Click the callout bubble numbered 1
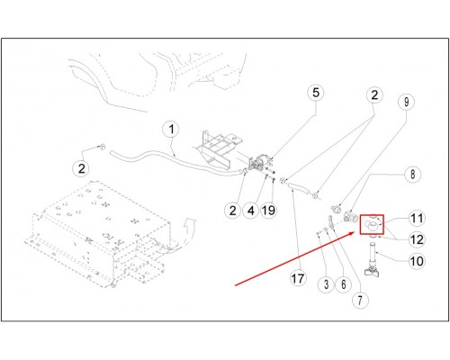click(171, 130)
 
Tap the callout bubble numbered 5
click(316, 93)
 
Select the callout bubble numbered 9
click(406, 102)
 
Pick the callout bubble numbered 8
click(412, 174)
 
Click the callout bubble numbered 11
click(417, 219)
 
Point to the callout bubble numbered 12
click(417, 239)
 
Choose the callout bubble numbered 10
click(417, 261)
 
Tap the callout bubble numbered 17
click(298, 279)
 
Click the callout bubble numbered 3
click(327, 284)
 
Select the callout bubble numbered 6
click(344, 284)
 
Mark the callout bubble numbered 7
click(360, 300)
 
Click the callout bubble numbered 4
click(251, 211)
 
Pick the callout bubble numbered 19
click(269, 211)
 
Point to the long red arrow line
click(294, 258)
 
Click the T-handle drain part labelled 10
click(373, 260)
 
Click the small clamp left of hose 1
click(102, 147)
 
